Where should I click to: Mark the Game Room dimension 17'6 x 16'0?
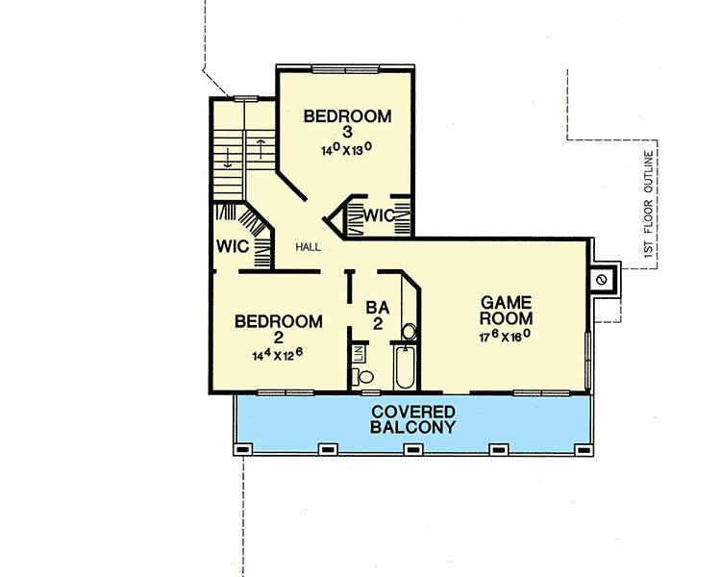(x=506, y=337)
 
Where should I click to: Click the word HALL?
(x=308, y=247)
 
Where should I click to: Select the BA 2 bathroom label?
(x=379, y=316)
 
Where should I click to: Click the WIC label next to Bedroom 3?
(x=379, y=216)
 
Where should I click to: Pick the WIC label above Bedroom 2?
(x=233, y=246)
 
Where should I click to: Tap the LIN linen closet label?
(x=359, y=353)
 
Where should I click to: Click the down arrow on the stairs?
(x=226, y=157)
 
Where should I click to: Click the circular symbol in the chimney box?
(x=602, y=280)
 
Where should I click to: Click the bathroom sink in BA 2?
(x=409, y=333)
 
